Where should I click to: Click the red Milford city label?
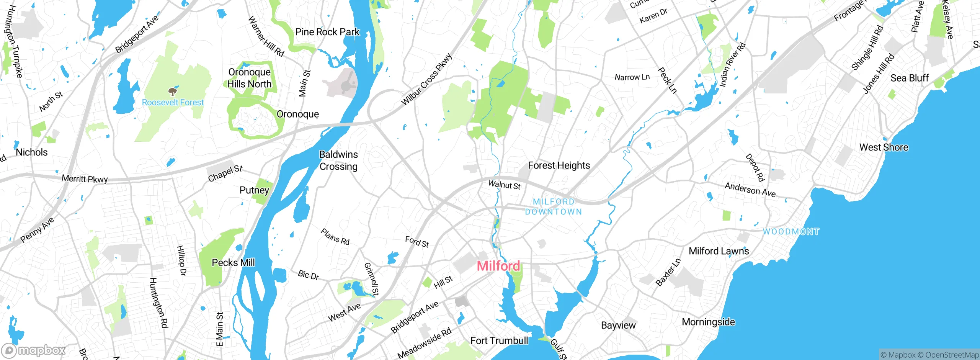coord(498,266)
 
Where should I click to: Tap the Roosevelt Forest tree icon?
coord(173,92)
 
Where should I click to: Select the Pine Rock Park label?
coord(327,32)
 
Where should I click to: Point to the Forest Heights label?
coord(559,165)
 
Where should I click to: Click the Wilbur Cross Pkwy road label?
coord(426,79)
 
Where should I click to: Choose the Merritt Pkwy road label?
coord(85,179)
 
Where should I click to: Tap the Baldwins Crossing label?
coord(338,160)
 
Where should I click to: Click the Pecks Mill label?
coord(233,263)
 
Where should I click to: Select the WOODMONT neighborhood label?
coord(791,232)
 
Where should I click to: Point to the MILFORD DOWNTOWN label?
coord(554,207)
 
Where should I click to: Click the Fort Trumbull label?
coord(499,340)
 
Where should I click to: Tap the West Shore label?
coord(884,147)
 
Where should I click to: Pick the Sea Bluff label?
coord(910,78)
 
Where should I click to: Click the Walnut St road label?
coord(504,185)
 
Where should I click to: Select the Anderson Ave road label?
coord(750,190)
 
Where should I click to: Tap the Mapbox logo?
coord(34,350)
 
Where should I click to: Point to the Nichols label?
coord(32,152)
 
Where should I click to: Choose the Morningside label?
coord(708,322)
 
